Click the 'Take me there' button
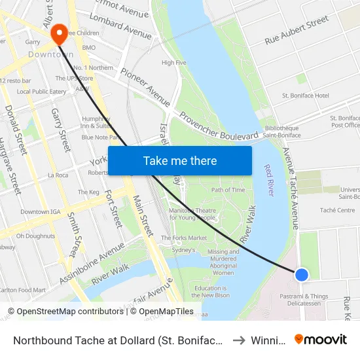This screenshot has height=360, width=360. click(x=179, y=160)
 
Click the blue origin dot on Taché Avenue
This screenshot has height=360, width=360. click(x=301, y=274)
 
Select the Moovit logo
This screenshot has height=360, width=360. click(x=320, y=340)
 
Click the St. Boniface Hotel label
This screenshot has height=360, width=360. click(x=305, y=96)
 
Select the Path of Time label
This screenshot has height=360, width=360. click(x=228, y=190)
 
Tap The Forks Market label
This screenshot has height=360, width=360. click(x=184, y=238)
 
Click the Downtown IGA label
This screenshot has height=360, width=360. click(x=39, y=212)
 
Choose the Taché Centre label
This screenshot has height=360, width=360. click(x=338, y=210)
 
